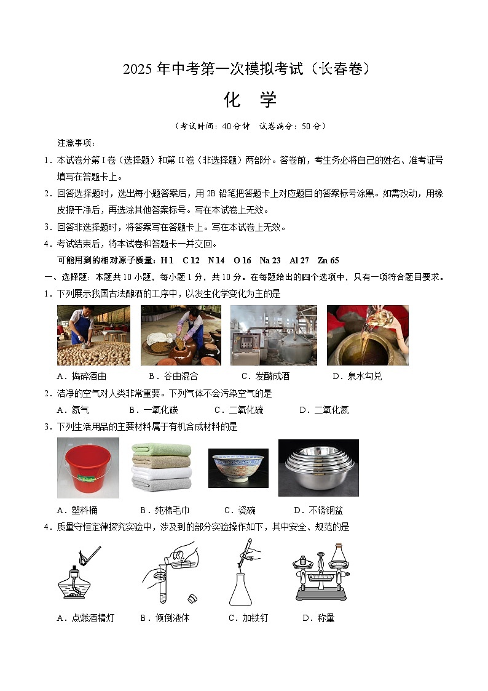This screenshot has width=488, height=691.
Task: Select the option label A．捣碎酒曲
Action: click(81, 376)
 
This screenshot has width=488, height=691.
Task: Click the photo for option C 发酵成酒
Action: click(274, 335)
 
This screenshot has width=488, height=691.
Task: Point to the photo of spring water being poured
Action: click(367, 335)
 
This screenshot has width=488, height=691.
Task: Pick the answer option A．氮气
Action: click(73, 410)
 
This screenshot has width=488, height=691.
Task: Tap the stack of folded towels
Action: click(162, 468)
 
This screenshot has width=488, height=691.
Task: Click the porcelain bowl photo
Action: click(238, 468)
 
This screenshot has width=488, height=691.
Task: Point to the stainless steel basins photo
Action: click(318, 468)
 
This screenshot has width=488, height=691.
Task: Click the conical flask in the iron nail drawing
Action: click(240, 588)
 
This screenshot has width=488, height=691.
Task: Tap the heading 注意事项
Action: click(76, 143)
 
